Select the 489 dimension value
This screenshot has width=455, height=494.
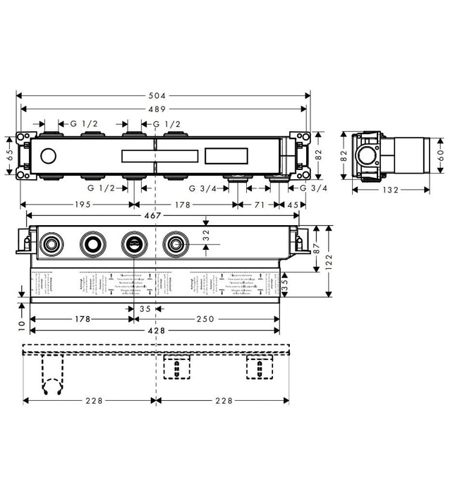(x=162, y=109)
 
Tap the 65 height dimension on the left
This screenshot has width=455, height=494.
(x=9, y=154)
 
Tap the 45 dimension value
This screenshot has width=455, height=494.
(x=291, y=205)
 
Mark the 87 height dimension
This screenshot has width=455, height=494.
(x=317, y=248)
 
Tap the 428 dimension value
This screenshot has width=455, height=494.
(x=154, y=330)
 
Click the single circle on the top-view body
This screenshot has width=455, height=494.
(x=49, y=155)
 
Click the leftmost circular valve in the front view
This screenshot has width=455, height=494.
(x=50, y=245)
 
